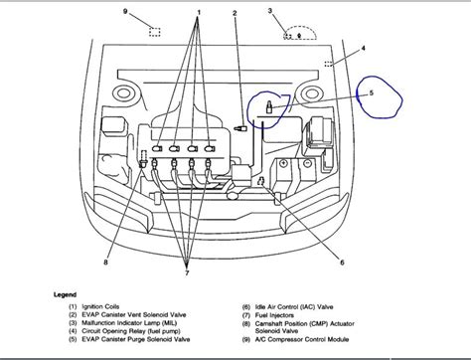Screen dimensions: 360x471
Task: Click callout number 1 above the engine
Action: coord(199,12)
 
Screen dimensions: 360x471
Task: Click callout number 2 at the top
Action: coord(235,12)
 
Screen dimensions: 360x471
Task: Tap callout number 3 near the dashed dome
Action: coord(270,11)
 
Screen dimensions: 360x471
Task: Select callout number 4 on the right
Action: coord(363,48)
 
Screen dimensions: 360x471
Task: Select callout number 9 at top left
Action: coord(125,11)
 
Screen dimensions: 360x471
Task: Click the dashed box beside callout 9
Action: coord(155,31)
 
